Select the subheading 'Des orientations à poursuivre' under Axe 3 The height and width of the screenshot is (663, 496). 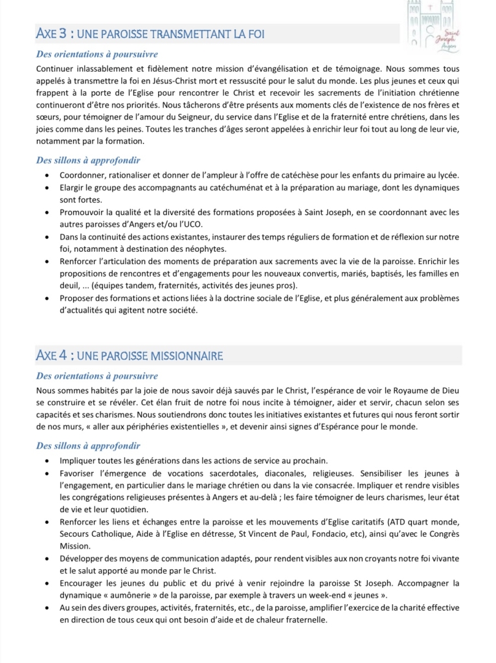[97, 54]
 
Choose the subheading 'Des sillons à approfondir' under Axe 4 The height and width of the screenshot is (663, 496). [88, 445]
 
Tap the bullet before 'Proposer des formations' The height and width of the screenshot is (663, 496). [47, 298]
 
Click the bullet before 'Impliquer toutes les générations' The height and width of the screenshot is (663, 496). [47, 460]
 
